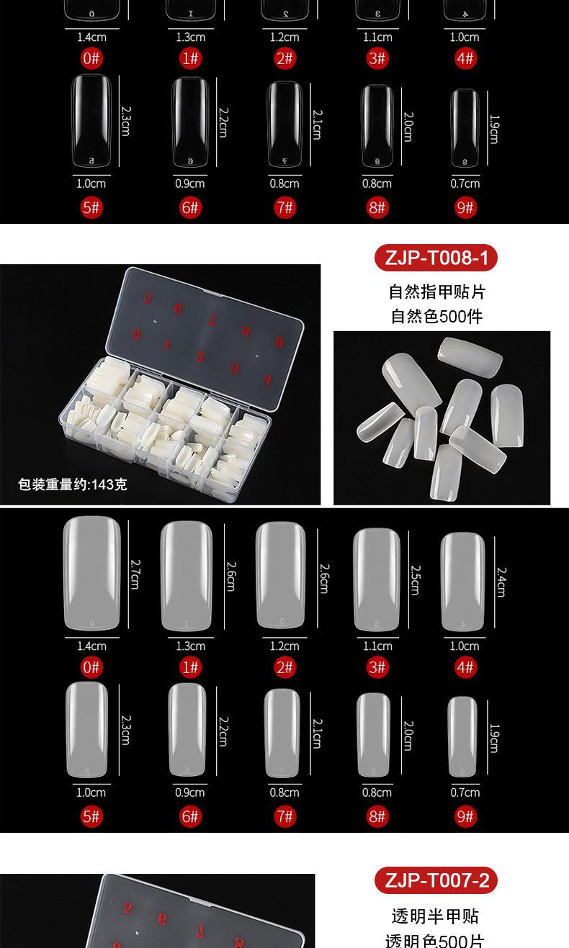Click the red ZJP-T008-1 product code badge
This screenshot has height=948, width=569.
pyautogui.click(x=436, y=258)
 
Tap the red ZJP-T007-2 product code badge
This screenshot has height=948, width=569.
pyautogui.click(x=436, y=880)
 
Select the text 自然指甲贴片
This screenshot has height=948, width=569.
pyautogui.click(x=436, y=292)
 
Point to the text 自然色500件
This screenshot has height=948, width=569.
pyautogui.click(x=436, y=316)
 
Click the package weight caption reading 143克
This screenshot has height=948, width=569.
pyautogui.click(x=73, y=484)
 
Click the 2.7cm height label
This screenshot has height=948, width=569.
pyautogui.click(x=135, y=574)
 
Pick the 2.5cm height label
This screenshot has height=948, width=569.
pyautogui.click(x=415, y=579)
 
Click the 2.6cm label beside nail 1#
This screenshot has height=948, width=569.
pyautogui.click(x=231, y=577)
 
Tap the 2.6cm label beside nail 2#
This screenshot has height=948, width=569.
pyautogui.click(x=323, y=578)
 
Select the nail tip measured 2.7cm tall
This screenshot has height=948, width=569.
pyautogui.click(x=91, y=574)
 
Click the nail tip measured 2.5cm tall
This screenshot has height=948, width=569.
pyautogui.click(x=376, y=580)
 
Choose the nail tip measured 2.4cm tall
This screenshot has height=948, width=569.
pyautogui.click(x=465, y=582)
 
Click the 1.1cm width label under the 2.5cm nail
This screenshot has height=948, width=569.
pyautogui.click(x=377, y=646)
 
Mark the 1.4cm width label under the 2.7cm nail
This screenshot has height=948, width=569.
pyautogui.click(x=91, y=646)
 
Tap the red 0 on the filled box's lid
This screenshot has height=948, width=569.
pyautogui.click(x=137, y=334)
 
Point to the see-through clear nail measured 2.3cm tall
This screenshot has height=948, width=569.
pyautogui.click(x=91, y=119)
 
